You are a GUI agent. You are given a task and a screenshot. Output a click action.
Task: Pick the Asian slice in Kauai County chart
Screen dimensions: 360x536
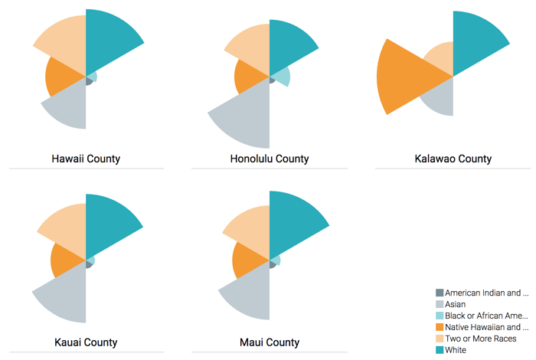coord(63,295)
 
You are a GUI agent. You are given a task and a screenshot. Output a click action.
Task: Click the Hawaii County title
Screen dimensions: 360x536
coord(86,159)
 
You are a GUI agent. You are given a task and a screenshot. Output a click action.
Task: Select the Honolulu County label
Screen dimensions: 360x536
coord(270,159)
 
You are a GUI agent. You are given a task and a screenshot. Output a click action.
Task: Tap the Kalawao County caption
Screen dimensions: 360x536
coord(453,159)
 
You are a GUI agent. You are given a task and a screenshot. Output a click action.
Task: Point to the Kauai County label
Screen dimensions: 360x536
coord(86,342)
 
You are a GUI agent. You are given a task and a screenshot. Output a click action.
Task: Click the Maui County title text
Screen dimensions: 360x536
coord(270,342)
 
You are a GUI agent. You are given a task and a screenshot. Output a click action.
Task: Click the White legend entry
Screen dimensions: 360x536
coord(456,350)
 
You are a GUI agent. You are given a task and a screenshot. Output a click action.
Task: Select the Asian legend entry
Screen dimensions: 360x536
coord(455,304)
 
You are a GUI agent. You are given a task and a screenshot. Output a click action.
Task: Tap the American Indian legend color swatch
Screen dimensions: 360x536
coord(440,293)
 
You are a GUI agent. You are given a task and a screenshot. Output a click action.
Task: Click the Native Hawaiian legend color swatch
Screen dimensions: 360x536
coord(440,327)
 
